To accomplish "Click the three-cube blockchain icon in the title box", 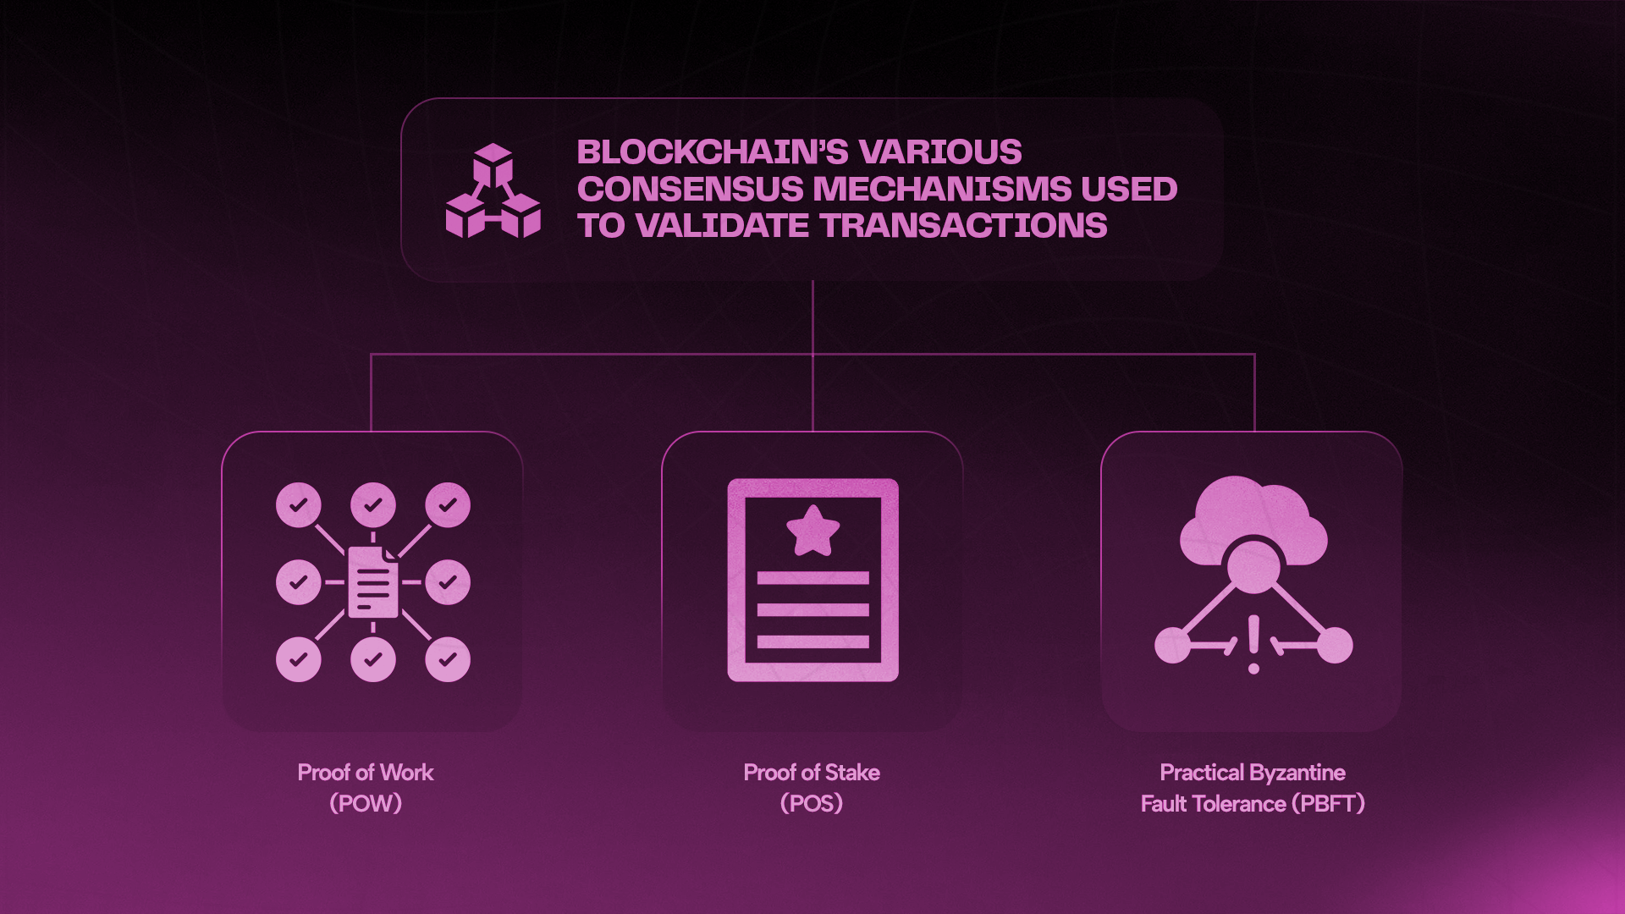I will pos(493,190).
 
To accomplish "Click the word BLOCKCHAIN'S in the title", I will pos(712,152).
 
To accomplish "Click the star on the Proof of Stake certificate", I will pos(812,531).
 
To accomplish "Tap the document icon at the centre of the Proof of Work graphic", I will pos(372,582).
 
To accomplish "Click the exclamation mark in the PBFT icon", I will pos(1253,644).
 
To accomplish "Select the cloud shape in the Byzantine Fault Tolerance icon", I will pos(1253,516).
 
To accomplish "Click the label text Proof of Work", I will pos(365,773).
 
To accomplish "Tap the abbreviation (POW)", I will pos(365,803).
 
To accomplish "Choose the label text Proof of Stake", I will pos(811,773).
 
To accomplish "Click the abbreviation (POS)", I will pos(811,803).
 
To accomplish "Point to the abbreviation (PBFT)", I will pos(1328,803).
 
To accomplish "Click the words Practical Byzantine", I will pos(1252,773).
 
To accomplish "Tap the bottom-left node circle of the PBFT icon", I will pos(1172,645).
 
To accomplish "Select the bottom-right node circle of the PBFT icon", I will pos(1335,645).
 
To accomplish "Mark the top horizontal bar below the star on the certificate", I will pos(812,578).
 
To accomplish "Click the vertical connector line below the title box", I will pos(812,317).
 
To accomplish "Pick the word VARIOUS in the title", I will pos(939,152).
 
